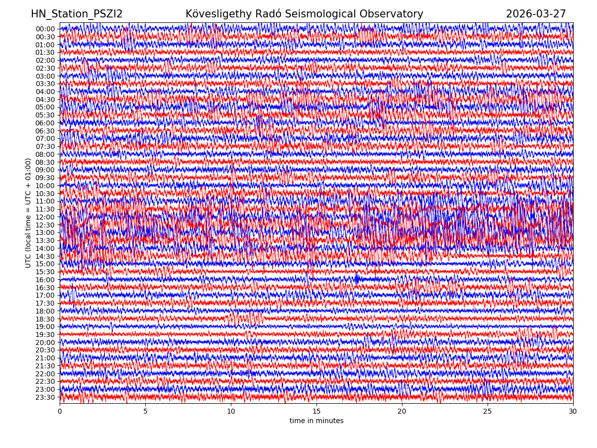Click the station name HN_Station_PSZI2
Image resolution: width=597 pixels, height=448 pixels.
(x=77, y=14)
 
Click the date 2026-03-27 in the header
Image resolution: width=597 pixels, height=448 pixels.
(x=536, y=14)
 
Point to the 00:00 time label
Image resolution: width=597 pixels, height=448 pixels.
(x=45, y=29)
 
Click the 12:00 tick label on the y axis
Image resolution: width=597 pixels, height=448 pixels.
(x=45, y=217)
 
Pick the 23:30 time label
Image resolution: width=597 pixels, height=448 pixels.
(x=45, y=397)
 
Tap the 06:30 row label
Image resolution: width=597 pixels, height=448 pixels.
(x=45, y=131)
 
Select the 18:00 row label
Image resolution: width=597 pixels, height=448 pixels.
(x=45, y=311)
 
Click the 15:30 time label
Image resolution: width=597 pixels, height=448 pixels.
(x=45, y=272)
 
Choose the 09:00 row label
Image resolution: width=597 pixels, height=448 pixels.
(x=45, y=170)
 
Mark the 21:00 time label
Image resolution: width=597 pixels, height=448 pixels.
(x=45, y=358)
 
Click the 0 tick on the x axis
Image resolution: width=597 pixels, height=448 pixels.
(x=60, y=412)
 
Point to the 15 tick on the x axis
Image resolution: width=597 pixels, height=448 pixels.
(x=316, y=412)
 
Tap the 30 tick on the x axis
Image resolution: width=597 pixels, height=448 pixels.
(x=573, y=412)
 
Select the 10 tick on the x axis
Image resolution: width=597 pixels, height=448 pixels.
(x=231, y=412)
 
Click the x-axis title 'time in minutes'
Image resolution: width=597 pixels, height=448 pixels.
(x=316, y=421)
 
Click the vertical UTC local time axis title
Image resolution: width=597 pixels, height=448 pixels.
(x=28, y=213)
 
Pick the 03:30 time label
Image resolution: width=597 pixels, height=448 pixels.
(x=45, y=84)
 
